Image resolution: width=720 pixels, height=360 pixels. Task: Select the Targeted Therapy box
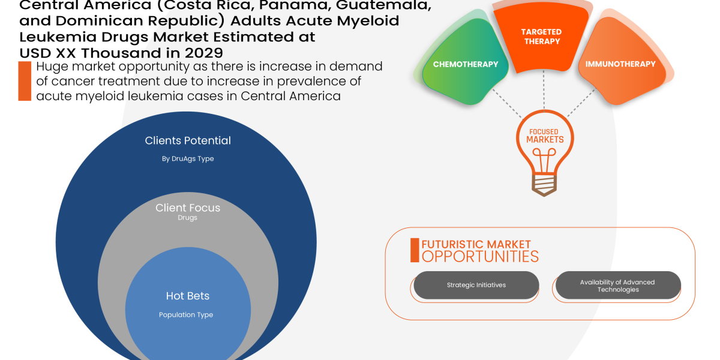[541, 37]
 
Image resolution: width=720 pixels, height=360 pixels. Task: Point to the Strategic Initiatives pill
[476, 285]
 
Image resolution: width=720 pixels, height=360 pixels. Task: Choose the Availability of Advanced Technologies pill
[617, 286]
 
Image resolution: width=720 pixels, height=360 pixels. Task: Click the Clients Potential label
[188, 140]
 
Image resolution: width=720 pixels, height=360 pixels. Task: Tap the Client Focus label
[188, 208]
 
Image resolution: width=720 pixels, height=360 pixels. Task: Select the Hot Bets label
[188, 296]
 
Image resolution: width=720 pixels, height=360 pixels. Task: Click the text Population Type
[186, 314]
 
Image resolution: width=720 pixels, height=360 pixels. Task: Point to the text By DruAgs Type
[188, 159]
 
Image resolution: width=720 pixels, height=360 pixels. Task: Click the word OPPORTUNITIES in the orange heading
[480, 257]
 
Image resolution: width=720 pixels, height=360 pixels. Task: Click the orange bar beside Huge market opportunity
[24, 81]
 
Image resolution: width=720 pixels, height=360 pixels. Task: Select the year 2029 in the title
[201, 52]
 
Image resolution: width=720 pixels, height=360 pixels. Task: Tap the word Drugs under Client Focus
[188, 218]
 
